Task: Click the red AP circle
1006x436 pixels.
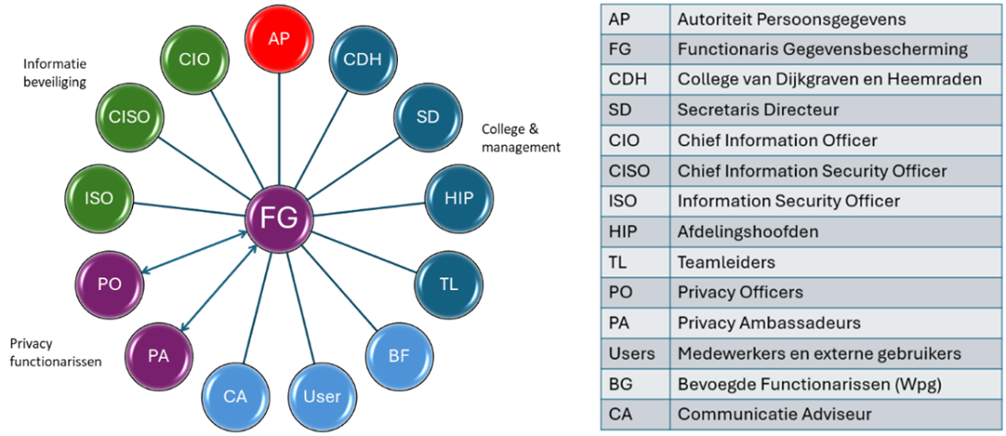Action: point(279,39)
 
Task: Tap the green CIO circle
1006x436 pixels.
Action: point(193,60)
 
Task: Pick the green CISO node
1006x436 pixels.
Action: point(129,117)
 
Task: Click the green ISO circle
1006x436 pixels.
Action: point(98,197)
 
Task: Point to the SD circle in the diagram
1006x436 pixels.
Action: point(427,117)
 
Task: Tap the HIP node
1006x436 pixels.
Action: point(459,198)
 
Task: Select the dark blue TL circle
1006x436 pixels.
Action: point(448,284)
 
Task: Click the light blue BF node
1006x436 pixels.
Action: point(398,353)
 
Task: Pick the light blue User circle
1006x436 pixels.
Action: point(321,396)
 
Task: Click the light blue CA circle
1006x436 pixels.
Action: point(235,396)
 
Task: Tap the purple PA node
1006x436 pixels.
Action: point(158,355)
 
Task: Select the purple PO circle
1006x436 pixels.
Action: point(109,285)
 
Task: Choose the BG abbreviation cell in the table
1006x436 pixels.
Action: point(621,384)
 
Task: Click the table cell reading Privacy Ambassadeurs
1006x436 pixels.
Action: point(768,323)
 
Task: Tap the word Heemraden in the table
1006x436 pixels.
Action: point(943,80)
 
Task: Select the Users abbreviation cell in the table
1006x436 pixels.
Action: point(632,353)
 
